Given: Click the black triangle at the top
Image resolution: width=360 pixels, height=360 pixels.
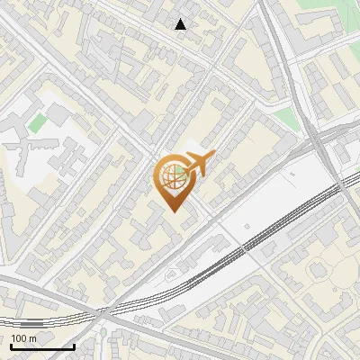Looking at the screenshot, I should (x=181, y=24).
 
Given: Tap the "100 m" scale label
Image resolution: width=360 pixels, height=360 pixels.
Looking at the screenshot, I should (x=24, y=338).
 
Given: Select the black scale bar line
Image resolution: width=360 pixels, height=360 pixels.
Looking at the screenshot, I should (x=42, y=346).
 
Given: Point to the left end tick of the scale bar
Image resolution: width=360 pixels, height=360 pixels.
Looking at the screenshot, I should (x=11, y=345).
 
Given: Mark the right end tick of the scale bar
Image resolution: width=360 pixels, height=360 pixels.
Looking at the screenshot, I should (x=74, y=345).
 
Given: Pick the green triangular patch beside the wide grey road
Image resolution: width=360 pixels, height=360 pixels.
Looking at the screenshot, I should (x=286, y=118).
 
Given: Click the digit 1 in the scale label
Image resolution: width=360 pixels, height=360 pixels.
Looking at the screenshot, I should (x=14, y=338).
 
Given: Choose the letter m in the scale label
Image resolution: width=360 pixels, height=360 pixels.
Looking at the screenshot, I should (x=33, y=339).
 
